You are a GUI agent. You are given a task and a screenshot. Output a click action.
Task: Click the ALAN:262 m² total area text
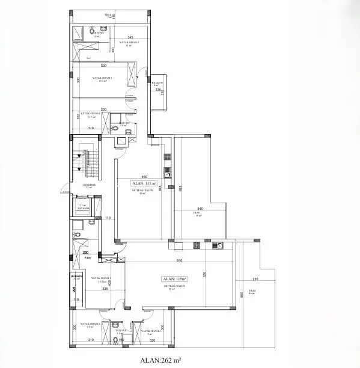(160, 361)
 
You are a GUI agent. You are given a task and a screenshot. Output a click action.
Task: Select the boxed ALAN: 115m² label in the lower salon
(175, 279)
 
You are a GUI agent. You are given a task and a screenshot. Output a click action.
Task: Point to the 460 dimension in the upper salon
(144, 176)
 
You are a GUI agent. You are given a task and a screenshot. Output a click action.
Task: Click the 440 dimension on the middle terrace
(200, 209)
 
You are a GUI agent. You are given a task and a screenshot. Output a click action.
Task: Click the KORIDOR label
(89, 185)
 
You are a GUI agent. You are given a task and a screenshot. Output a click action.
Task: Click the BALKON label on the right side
(156, 83)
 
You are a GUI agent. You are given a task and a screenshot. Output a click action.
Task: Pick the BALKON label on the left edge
(76, 278)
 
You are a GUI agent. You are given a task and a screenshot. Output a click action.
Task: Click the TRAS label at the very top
(109, 15)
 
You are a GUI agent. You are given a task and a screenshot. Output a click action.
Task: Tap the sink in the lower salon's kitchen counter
(219, 245)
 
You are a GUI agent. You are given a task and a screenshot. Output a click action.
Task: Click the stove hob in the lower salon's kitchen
(196, 245)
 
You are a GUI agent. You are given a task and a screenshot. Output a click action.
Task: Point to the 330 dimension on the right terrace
(254, 280)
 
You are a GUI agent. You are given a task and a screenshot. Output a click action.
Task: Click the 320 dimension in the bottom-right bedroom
(152, 340)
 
